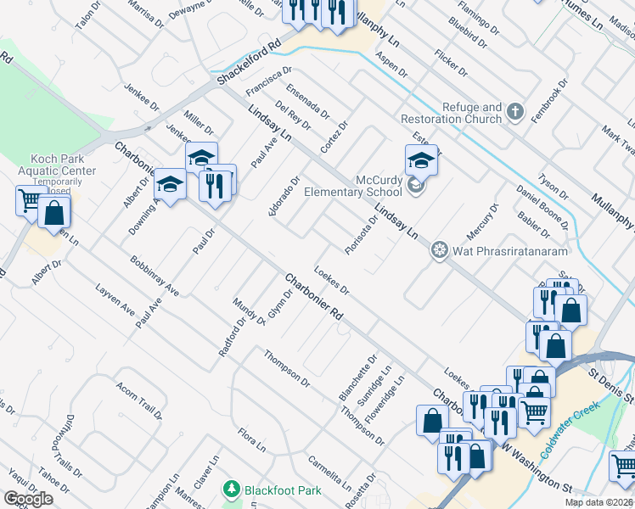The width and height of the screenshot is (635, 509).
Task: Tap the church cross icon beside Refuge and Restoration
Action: point(514,111)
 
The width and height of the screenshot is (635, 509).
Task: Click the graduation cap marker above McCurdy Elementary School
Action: point(421,159)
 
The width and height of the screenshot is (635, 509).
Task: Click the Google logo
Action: point(28,499)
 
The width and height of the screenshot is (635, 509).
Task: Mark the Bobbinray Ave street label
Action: point(154,277)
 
